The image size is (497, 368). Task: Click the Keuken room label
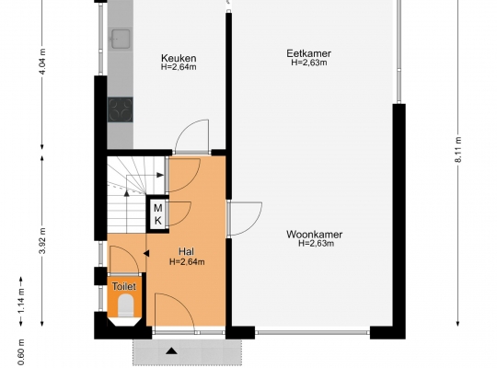179,58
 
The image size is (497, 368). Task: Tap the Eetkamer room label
308,53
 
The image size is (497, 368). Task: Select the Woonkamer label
314,235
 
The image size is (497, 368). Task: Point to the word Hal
186,252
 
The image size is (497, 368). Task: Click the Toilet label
124,286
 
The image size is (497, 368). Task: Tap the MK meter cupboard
157,214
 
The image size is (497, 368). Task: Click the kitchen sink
121,39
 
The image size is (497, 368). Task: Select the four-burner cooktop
121,109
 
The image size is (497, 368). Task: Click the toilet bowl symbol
125,305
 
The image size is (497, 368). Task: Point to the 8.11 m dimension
458,150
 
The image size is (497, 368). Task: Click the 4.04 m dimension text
42,61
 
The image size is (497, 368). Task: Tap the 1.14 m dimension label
21,301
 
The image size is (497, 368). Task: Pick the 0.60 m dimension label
21,351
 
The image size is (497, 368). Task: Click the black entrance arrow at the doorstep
172,351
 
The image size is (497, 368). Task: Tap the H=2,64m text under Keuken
179,67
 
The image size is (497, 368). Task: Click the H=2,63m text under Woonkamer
316,244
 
